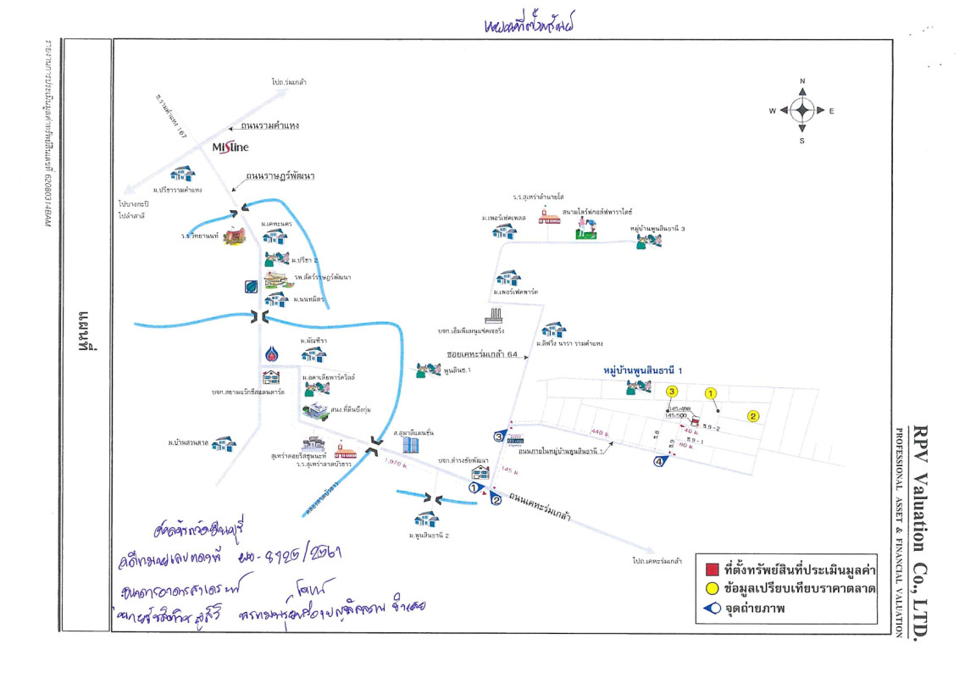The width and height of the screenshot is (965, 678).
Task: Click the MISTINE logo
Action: pos(230,147)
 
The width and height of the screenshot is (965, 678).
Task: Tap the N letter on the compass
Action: pos(801,81)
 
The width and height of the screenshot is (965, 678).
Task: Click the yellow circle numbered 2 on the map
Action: pos(751,415)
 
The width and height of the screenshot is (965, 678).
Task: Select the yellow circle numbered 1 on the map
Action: pos(711,392)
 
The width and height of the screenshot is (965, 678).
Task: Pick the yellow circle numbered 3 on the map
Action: pos(672,392)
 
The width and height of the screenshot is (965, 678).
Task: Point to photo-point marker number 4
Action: pos(659,461)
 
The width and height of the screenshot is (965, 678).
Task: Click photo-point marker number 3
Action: pos(500,436)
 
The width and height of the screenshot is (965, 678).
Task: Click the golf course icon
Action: pos(585,228)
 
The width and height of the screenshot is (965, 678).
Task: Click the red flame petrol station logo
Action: pos(270,353)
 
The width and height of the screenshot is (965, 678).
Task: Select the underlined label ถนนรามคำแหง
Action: pos(270,125)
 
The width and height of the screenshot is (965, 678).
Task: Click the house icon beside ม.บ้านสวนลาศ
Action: pos(224,443)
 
